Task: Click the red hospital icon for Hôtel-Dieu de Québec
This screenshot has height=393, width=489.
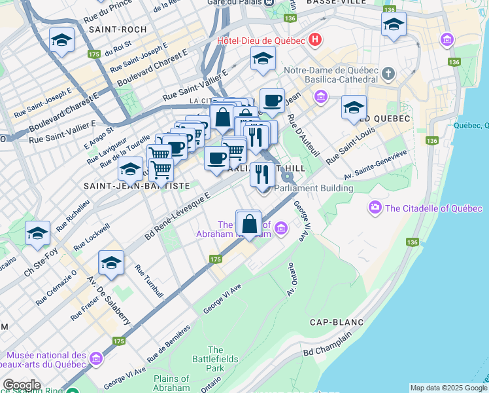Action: click(x=316, y=40)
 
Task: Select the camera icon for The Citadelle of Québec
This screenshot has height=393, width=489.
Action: click(x=375, y=208)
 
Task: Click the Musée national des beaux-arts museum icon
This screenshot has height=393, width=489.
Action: click(x=96, y=359)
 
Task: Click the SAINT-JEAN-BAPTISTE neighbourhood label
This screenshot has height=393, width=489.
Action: click(x=137, y=186)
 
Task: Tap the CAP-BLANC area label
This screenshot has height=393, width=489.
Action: click(x=332, y=322)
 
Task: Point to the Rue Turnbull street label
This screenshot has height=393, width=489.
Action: click(x=144, y=280)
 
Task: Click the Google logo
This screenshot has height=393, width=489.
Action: click(x=21, y=385)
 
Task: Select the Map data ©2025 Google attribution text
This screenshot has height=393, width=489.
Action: click(x=448, y=388)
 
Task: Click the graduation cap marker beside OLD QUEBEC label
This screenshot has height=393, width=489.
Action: click(x=354, y=107)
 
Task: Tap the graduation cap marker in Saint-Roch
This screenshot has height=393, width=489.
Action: click(x=61, y=41)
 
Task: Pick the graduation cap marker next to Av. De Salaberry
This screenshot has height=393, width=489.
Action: click(x=111, y=263)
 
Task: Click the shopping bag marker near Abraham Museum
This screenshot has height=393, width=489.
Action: click(x=248, y=223)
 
